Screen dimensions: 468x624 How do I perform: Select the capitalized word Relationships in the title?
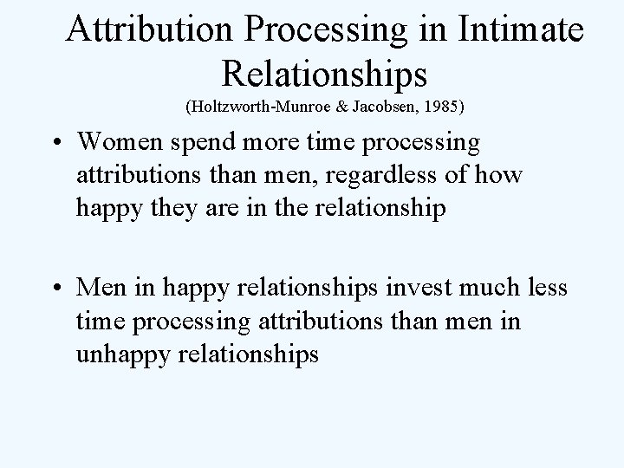(x=325, y=73)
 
